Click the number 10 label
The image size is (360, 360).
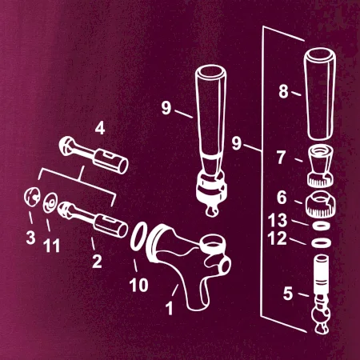pyautogui.click(x=138, y=285)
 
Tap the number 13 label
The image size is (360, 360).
pyautogui.click(x=278, y=220)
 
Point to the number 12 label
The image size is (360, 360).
pyautogui.click(x=278, y=238)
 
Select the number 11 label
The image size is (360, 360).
pyautogui.click(x=52, y=246)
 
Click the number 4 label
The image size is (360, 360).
pyautogui.click(x=100, y=128)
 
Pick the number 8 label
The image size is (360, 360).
pyautogui.click(x=284, y=91)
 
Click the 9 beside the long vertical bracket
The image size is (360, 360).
pyautogui.click(x=237, y=143)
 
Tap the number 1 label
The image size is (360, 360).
pyautogui.click(x=170, y=308)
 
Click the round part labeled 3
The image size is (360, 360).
pyautogui.click(x=32, y=197)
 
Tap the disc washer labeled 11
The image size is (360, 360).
pyautogui.click(x=50, y=203)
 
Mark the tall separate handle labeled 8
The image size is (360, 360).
pyautogui.click(x=319, y=94)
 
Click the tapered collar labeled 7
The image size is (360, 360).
pyautogui.click(x=321, y=166)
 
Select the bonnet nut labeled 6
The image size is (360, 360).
pyautogui.click(x=319, y=204)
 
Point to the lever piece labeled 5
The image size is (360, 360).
pyautogui.click(x=321, y=294)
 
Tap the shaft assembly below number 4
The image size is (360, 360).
pyautogui.click(x=94, y=155)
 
